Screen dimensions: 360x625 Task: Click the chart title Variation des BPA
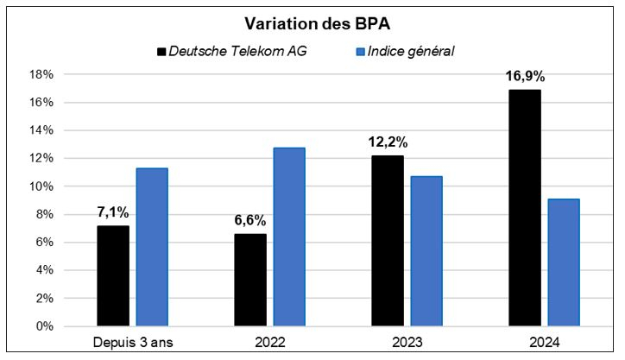click(x=312, y=22)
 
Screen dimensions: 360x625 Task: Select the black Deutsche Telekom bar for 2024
click(x=525, y=208)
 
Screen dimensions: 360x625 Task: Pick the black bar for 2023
click(x=388, y=241)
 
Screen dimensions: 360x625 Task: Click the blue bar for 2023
click(x=427, y=251)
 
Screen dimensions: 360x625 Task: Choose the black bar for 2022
click(x=250, y=280)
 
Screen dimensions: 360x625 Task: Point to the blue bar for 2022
click(x=290, y=237)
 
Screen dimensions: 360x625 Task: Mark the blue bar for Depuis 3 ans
click(x=153, y=247)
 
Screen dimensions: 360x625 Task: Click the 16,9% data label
click(x=526, y=76)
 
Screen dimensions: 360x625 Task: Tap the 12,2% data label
click(x=388, y=142)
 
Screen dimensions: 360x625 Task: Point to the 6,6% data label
click(x=250, y=220)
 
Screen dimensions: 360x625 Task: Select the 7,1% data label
click(x=113, y=213)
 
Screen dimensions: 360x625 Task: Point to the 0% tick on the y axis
click(x=45, y=326)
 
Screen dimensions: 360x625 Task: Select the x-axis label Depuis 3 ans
click(x=133, y=342)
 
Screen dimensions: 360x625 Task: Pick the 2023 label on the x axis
click(x=407, y=342)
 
